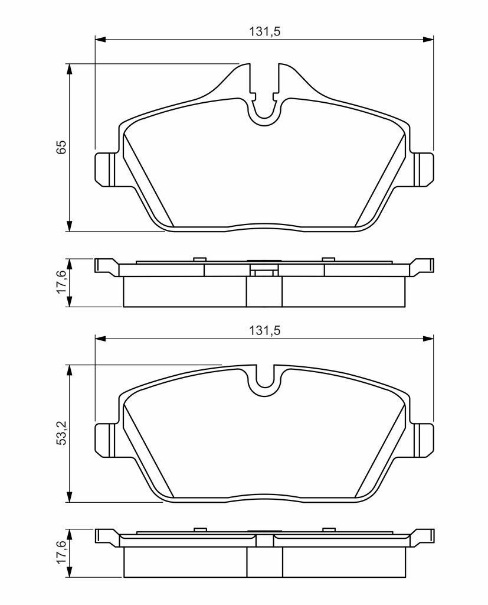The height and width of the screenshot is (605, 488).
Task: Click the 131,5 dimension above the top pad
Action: [264, 32]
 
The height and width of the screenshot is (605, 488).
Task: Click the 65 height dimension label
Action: [62, 147]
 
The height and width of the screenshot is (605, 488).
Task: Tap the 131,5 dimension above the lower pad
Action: [264, 331]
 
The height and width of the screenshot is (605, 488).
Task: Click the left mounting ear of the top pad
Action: [105, 169]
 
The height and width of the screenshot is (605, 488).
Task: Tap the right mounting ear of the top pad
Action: [424, 169]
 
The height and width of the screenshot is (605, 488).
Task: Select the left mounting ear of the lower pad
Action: [105, 440]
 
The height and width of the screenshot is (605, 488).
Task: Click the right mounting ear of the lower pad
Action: [424, 440]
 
